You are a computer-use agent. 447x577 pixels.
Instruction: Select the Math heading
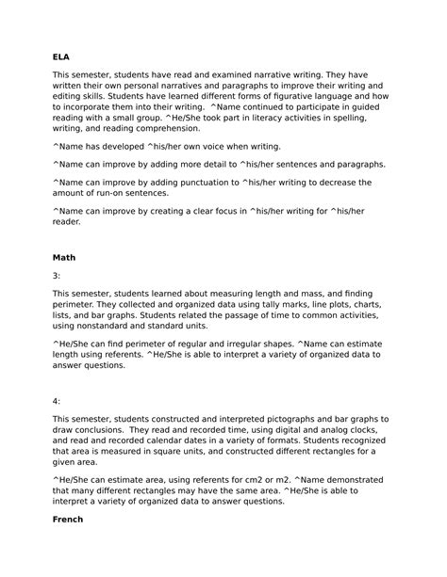click(64, 256)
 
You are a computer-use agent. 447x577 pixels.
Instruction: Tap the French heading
click(69, 519)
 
